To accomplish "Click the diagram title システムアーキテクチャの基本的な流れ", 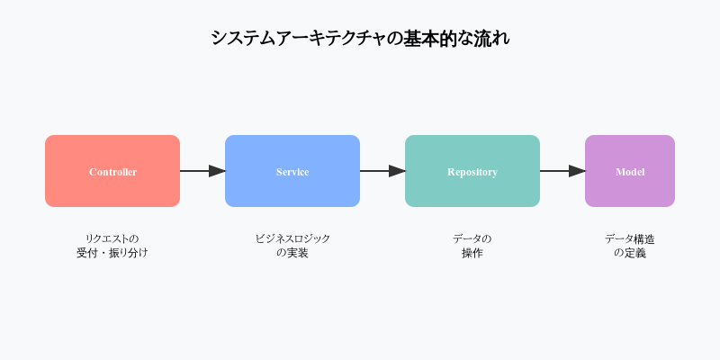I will click(360, 39).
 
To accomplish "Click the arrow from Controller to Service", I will click(202, 171).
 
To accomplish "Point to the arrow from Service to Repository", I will click(382, 171).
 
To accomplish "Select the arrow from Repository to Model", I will click(562, 171).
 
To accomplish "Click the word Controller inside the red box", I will click(112, 172).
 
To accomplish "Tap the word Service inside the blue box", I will click(292, 172).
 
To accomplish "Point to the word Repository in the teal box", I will click(472, 172).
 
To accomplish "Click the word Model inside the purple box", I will click(630, 172).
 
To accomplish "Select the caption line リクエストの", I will click(112, 238).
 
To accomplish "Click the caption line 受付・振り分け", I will click(112, 253).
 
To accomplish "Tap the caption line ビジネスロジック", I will click(292, 238).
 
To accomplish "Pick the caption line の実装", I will click(292, 253).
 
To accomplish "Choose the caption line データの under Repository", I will click(472, 238).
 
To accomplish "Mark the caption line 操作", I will click(472, 253).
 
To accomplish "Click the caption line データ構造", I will click(630, 238).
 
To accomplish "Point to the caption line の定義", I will click(630, 253).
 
